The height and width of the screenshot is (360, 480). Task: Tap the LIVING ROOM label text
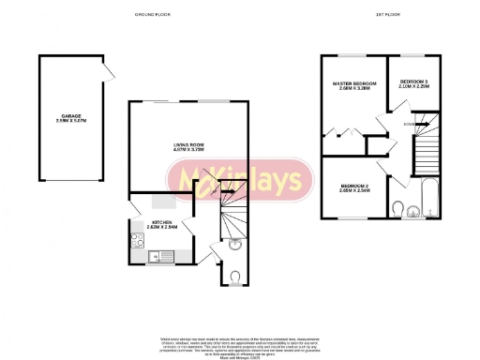(189, 143)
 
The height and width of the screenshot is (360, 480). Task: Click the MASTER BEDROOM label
(354, 84)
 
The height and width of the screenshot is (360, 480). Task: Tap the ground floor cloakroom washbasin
(234, 247)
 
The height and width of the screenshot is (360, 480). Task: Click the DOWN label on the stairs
(410, 123)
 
